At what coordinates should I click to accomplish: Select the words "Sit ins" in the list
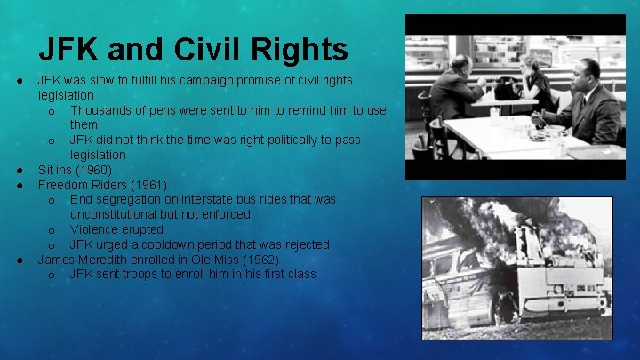(x=56, y=169)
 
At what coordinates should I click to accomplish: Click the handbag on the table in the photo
(x=508, y=89)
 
